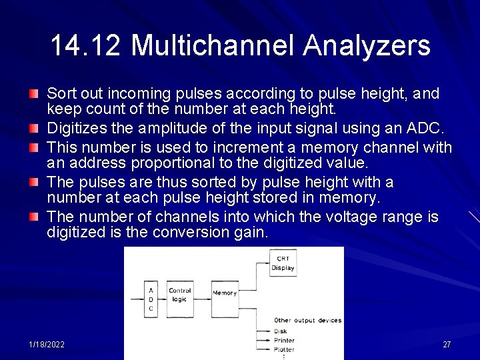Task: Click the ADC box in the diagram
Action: pyautogui.click(x=151, y=298)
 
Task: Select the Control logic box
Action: pyautogui.click(x=180, y=298)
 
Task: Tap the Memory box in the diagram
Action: pyautogui.click(x=225, y=298)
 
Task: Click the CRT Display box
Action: pyautogui.click(x=283, y=263)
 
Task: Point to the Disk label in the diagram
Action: pyautogui.click(x=281, y=331)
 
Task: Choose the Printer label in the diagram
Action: pyautogui.click(x=284, y=340)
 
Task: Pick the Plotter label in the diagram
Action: pyautogui.click(x=284, y=349)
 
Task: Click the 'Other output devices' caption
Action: pyautogui.click(x=307, y=321)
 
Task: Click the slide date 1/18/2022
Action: pyautogui.click(x=47, y=345)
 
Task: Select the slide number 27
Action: pyautogui.click(x=447, y=345)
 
